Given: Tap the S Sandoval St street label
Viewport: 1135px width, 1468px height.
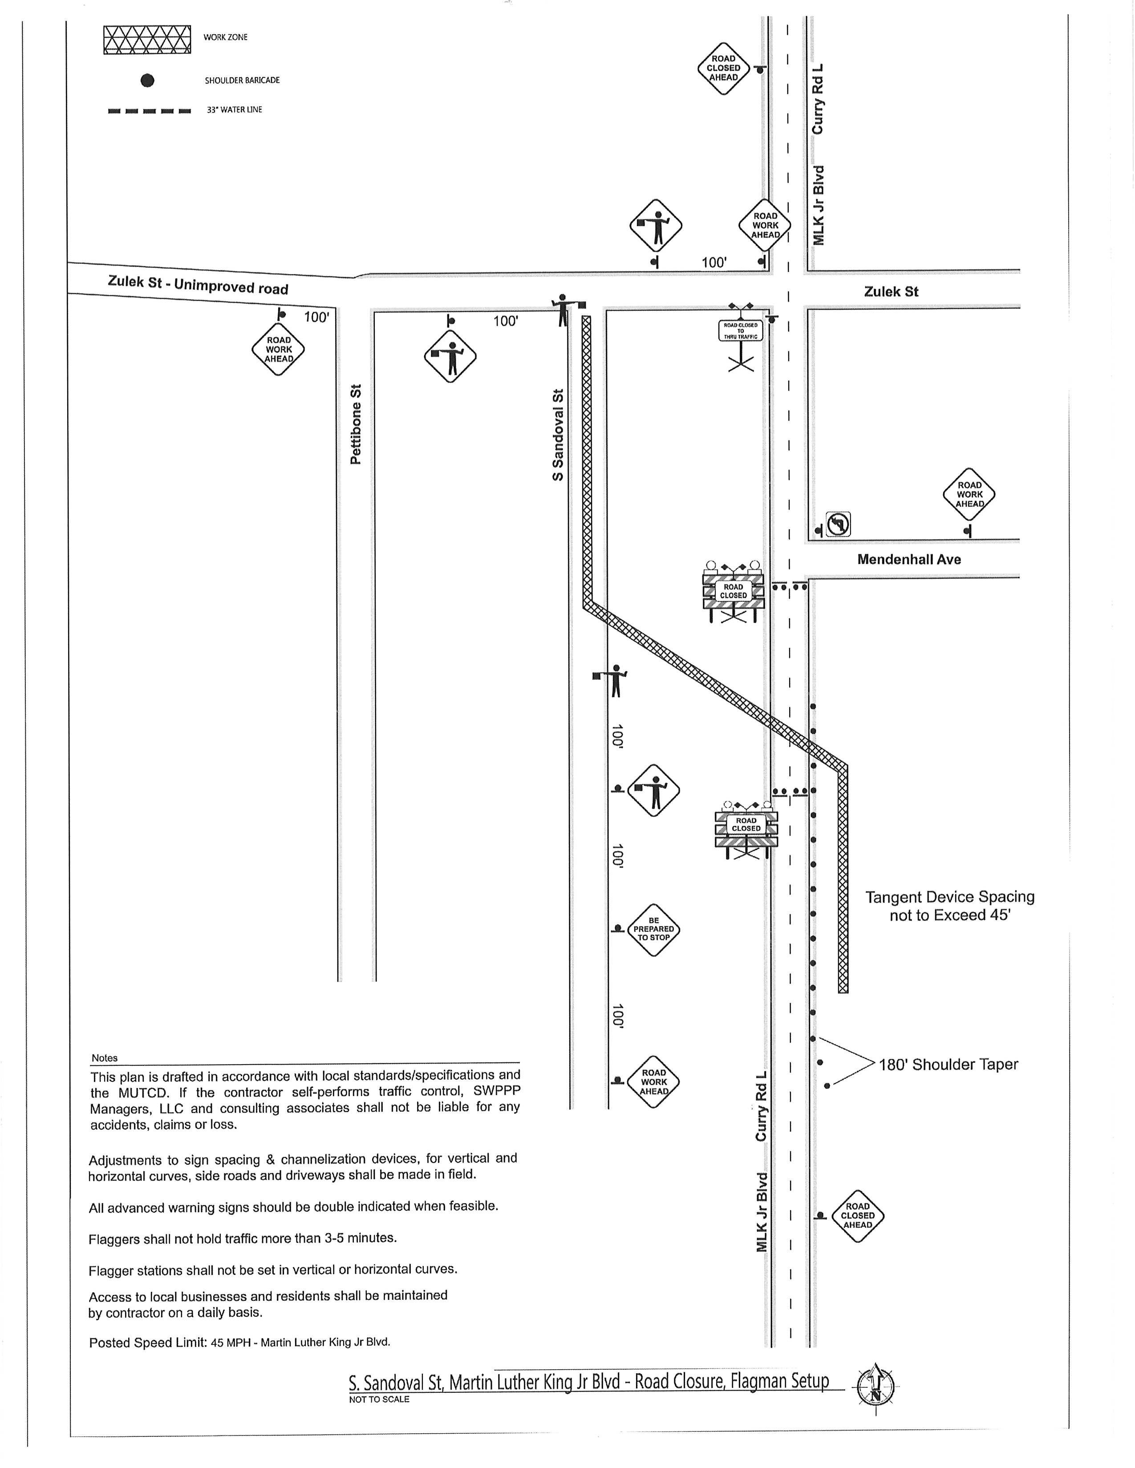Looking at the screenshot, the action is (x=557, y=435).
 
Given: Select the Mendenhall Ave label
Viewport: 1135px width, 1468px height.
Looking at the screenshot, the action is (x=909, y=559).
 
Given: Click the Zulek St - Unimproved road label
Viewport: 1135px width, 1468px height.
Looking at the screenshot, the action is (x=198, y=284).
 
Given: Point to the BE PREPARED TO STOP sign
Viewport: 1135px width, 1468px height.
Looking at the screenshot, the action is (x=653, y=930).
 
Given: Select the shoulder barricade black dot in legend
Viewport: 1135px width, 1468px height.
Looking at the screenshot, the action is (x=147, y=81).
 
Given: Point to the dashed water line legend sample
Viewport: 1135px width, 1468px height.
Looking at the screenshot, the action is (x=149, y=110).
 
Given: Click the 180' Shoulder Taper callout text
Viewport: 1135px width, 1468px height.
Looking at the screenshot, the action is (x=948, y=1064).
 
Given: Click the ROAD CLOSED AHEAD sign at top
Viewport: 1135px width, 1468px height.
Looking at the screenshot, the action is (x=723, y=68).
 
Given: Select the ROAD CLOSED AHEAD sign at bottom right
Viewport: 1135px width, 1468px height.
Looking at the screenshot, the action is (x=857, y=1215).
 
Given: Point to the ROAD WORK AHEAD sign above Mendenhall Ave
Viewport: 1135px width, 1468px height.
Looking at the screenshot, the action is (x=969, y=494).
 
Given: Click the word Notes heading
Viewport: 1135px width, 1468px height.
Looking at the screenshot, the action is (x=104, y=1058).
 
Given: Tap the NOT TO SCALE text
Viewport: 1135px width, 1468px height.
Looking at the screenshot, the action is (x=379, y=1399).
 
